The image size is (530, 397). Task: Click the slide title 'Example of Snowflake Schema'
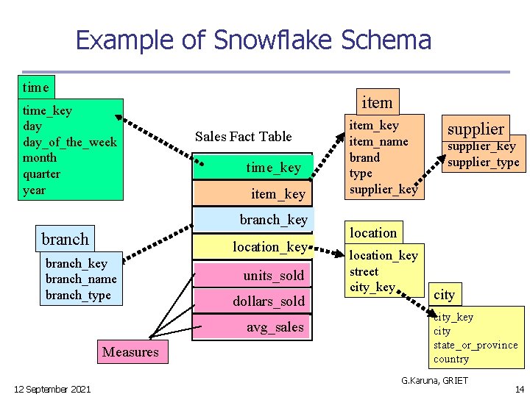[253, 40]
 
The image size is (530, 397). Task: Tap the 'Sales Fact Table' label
[243, 137]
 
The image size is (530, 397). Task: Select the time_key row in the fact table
[273, 168]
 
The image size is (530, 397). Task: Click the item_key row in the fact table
[278, 194]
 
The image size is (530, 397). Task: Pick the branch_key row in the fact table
[273, 220]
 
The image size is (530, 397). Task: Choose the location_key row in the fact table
[269, 247]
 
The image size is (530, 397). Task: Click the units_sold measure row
[273, 276]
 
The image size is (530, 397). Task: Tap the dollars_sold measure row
[268, 301]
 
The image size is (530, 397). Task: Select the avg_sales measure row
[275, 327]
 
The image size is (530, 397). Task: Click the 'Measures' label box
[130, 352]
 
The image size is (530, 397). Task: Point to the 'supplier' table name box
[476, 129]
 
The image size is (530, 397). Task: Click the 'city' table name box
[444, 295]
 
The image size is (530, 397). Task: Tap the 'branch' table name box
[65, 239]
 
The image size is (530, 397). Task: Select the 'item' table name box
[377, 102]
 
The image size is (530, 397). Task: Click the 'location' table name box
[372, 233]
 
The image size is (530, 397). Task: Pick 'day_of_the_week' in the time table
[70, 142]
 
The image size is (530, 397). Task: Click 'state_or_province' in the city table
[476, 345]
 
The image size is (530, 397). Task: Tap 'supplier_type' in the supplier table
[484, 162]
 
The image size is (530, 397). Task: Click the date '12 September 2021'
[52, 389]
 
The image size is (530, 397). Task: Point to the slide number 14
[520, 389]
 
